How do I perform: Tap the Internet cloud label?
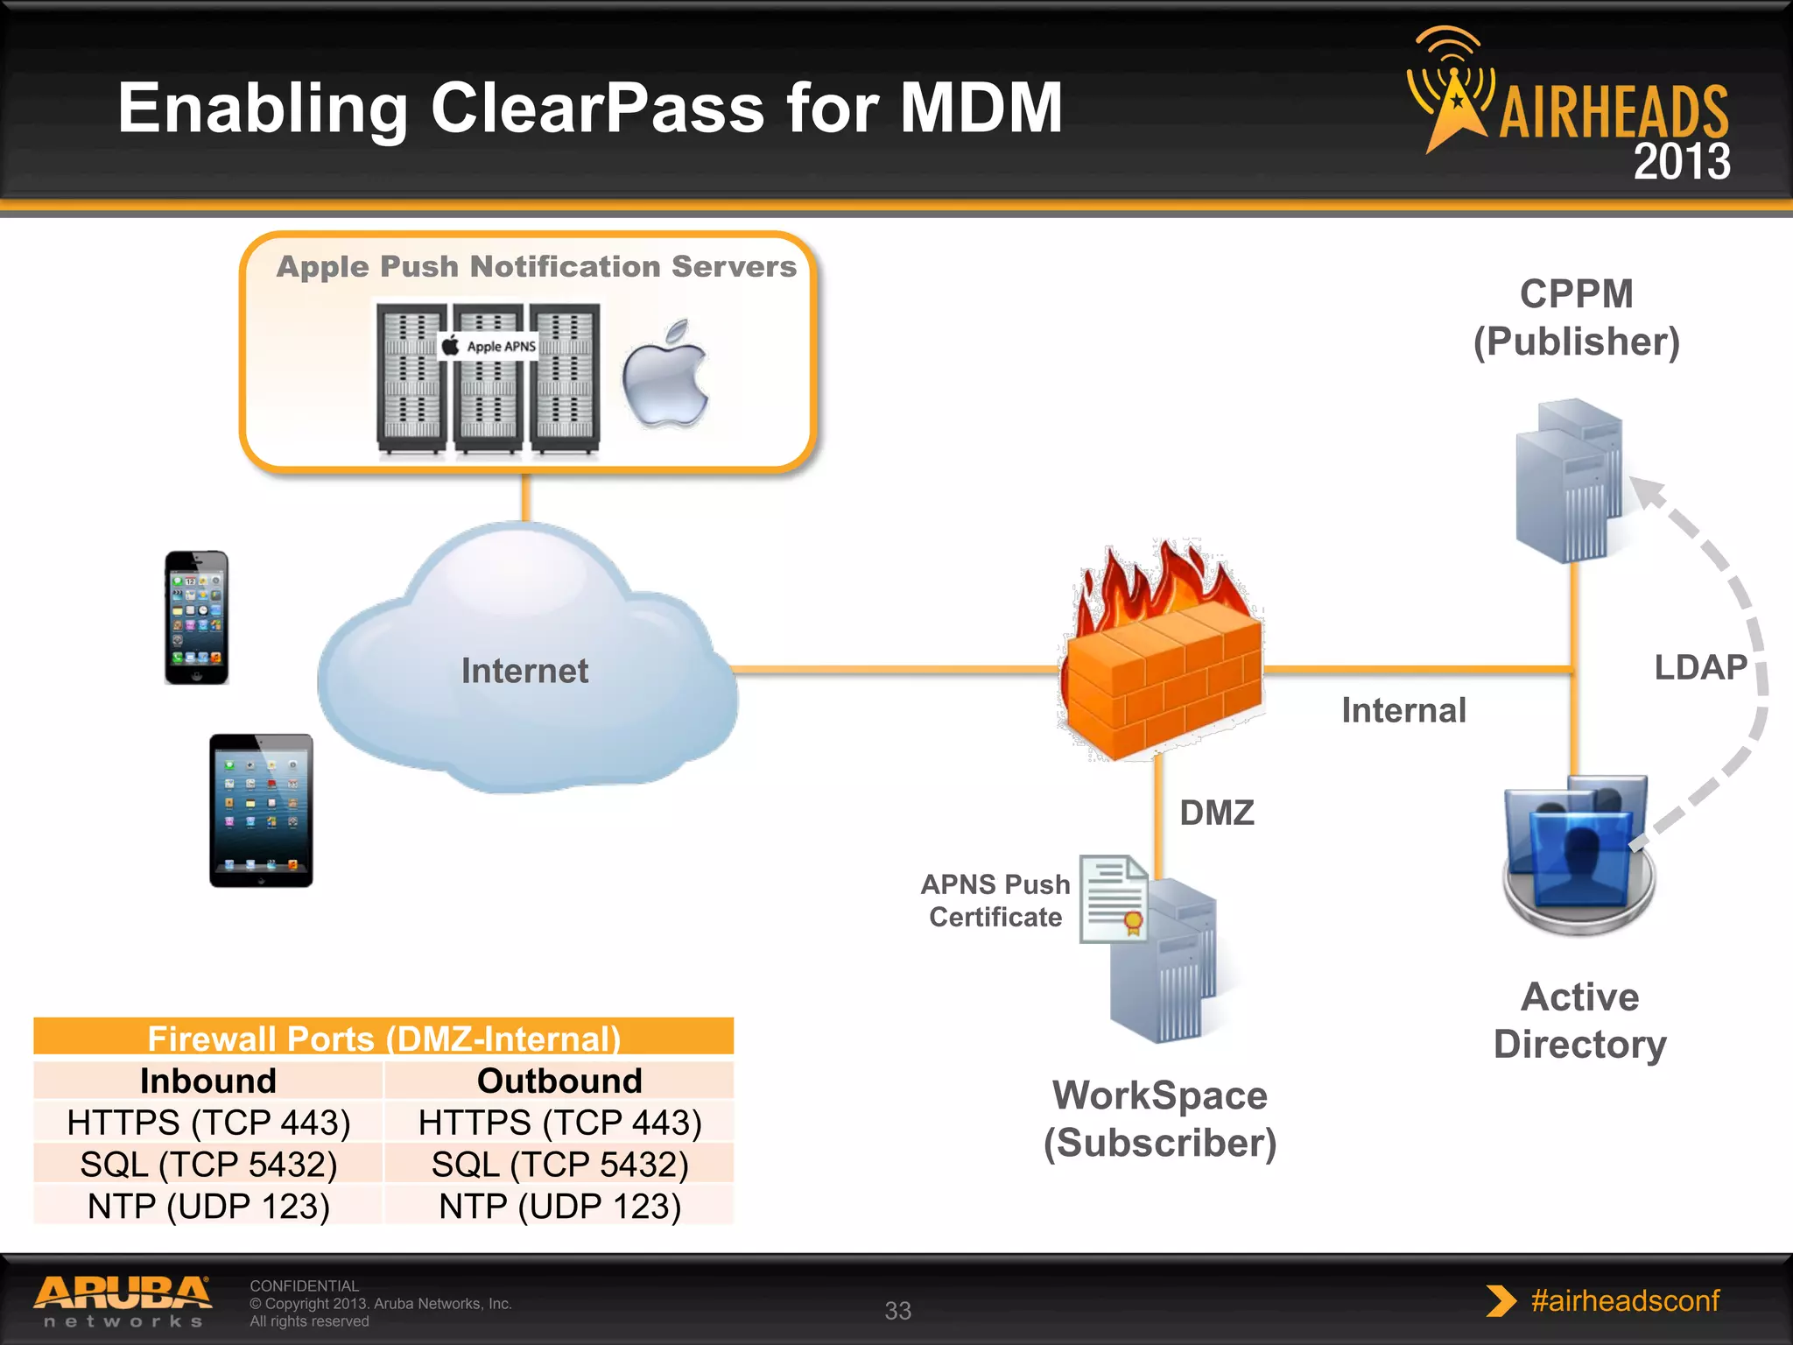(524, 671)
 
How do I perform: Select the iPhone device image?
(197, 617)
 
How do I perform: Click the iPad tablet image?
(261, 810)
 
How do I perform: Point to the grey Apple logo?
(665, 375)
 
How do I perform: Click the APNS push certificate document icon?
(1114, 898)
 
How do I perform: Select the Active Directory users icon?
(1578, 854)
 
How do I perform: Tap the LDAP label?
(1700, 667)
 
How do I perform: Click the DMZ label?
(1217, 813)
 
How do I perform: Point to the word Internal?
(1403, 710)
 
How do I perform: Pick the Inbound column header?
(208, 1081)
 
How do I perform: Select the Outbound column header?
(559, 1081)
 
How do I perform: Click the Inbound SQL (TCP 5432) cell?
(208, 1165)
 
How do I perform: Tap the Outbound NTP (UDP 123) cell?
(559, 1207)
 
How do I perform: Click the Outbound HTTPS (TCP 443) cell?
(559, 1123)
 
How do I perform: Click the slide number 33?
(897, 1310)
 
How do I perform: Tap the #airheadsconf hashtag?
(1625, 1300)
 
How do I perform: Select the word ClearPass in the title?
(598, 108)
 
